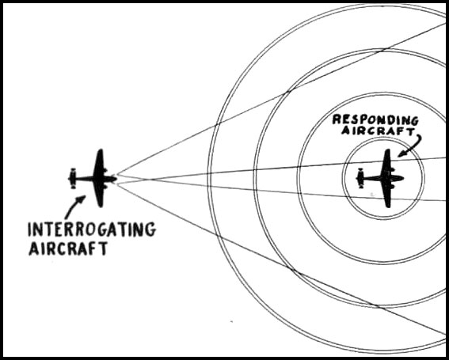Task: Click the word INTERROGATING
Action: pos(92,229)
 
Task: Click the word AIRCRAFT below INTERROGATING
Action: pos(68,248)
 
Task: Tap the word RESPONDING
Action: pos(375,120)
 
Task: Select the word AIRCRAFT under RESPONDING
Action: pos(378,131)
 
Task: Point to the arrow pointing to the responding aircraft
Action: pos(413,146)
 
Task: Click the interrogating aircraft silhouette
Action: pos(93,178)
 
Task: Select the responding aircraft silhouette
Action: pos(380,178)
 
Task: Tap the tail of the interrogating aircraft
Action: pos(73,178)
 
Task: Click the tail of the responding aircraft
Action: pos(360,178)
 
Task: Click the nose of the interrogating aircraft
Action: pos(116,179)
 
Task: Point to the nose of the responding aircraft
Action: pos(403,178)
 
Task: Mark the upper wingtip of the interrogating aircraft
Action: pos(100,150)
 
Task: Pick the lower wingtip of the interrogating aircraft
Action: pos(100,206)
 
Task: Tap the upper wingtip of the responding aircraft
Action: pos(387,150)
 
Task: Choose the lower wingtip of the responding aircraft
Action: pos(387,206)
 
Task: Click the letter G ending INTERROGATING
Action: pos(150,229)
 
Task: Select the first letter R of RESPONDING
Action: pos(337,119)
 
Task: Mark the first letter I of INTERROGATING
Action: pos(29,229)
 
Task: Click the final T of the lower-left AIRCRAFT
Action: pos(104,248)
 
